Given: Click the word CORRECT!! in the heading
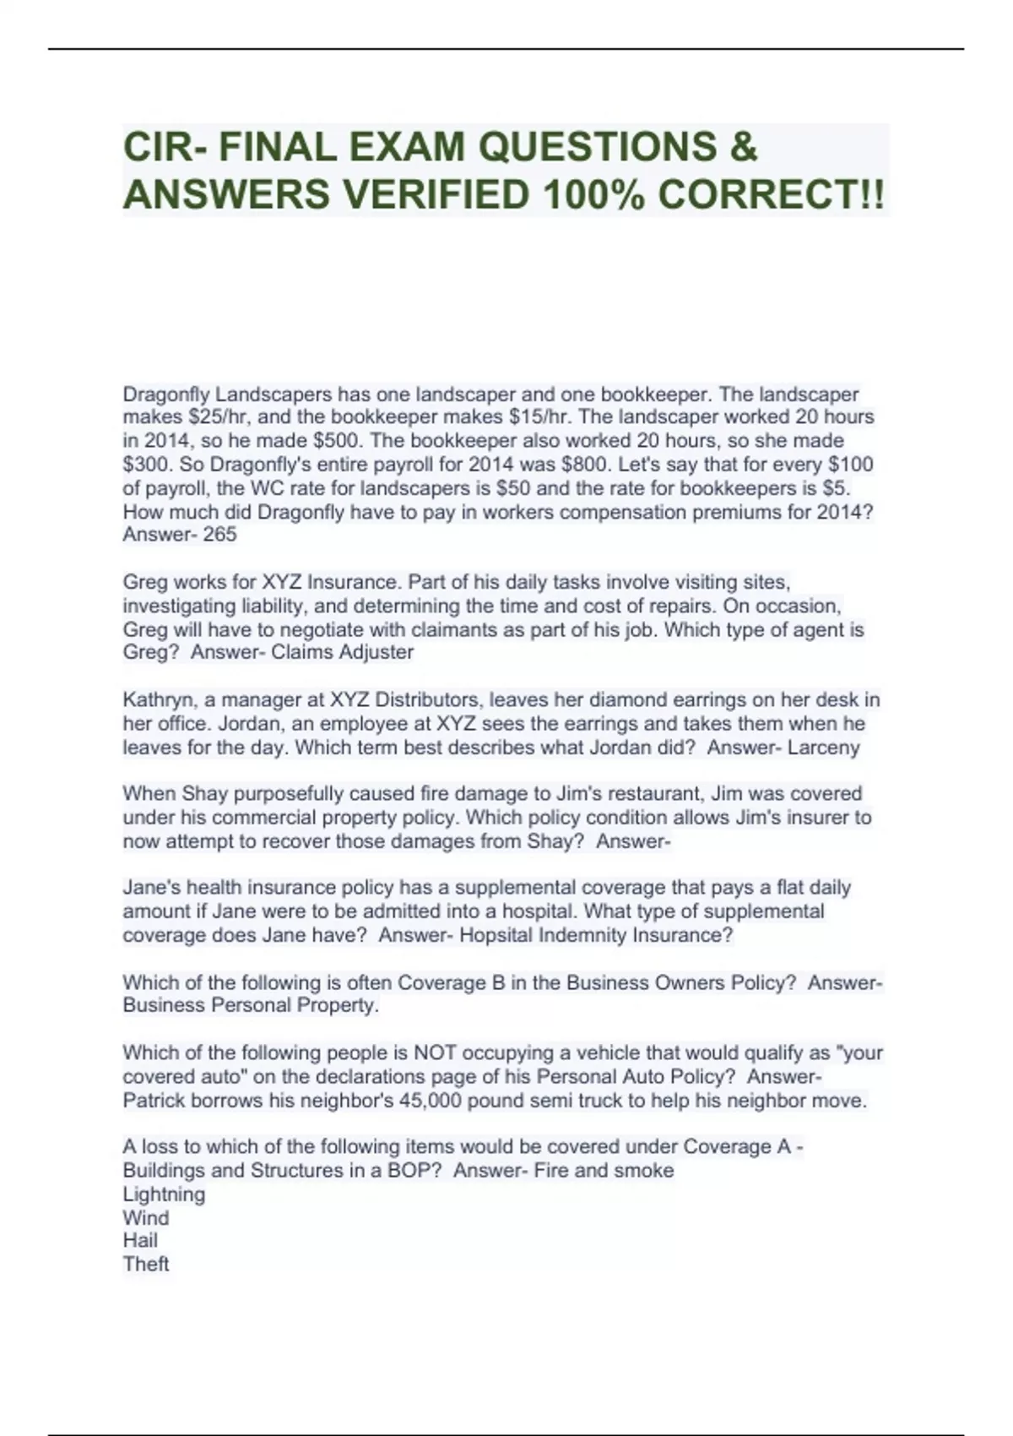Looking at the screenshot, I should [771, 195].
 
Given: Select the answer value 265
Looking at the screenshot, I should [220, 535].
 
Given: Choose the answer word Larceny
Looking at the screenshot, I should [823, 748].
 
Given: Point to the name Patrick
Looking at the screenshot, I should [154, 1101].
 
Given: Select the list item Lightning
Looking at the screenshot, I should [164, 1194].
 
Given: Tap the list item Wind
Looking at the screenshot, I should [145, 1218].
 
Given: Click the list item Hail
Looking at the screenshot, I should [140, 1241].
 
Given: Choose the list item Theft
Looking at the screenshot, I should [146, 1265].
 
